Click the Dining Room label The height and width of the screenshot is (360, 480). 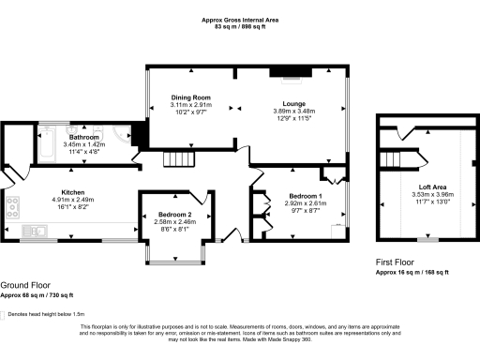click(190, 97)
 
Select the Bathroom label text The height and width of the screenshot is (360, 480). click(83, 137)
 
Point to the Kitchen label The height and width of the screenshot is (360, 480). click(73, 191)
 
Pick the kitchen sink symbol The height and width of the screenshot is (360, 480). click(36, 230)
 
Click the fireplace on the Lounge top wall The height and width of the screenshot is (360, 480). click(284, 70)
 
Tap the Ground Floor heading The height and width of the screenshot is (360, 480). click(25, 285)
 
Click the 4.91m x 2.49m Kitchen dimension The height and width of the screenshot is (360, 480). click(73, 199)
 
